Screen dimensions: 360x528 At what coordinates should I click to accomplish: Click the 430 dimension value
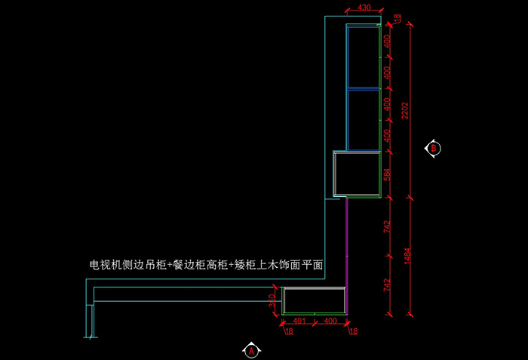[x=364, y=8]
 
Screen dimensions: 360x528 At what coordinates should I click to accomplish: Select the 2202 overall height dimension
[x=406, y=111]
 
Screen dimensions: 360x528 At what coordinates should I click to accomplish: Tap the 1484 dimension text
[x=406, y=256]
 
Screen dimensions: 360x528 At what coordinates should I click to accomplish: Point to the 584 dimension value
[x=387, y=175]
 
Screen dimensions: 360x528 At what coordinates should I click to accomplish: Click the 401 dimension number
[x=299, y=321]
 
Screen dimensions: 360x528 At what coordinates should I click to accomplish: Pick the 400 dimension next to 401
[x=330, y=321]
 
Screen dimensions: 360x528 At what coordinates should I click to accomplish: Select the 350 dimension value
[x=272, y=300]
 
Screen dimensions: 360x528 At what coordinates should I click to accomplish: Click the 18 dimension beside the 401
[x=288, y=331]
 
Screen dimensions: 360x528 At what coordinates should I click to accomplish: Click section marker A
[x=251, y=350]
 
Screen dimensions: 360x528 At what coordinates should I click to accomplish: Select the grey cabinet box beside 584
[x=356, y=174]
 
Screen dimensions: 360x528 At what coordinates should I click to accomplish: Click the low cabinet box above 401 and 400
[x=315, y=300]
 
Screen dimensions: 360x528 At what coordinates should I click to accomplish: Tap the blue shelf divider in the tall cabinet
[x=362, y=89]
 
